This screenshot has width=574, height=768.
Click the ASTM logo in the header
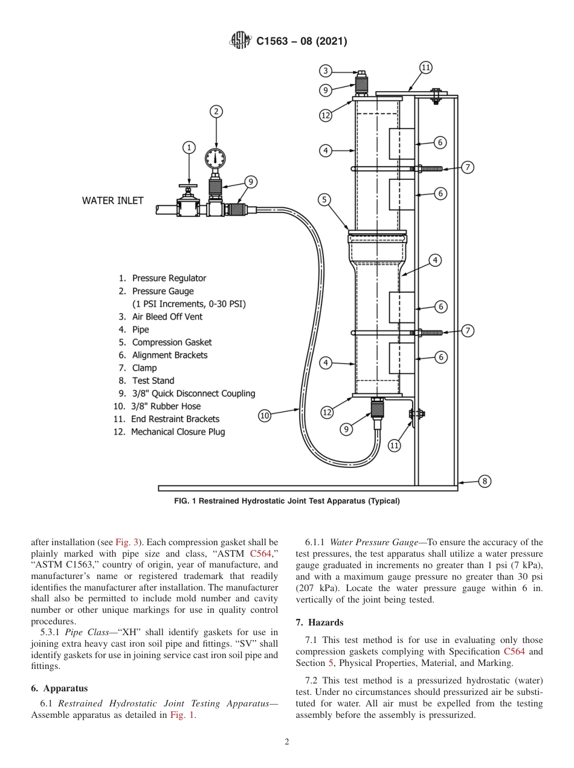241,41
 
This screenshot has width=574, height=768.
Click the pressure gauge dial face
216,158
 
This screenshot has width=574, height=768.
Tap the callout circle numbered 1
189,147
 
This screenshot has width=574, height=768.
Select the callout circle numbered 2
216,111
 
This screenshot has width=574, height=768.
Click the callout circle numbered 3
326,71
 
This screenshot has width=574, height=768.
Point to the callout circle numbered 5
324,199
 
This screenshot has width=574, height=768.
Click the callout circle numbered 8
485,481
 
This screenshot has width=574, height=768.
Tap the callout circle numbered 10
265,415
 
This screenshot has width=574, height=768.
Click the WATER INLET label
113,200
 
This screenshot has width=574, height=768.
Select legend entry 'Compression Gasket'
172,342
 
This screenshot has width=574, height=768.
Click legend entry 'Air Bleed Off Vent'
167,317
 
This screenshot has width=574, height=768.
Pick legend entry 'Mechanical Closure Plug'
181,432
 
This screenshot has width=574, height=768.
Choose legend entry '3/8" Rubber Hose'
166,406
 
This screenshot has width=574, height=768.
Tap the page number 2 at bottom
287,742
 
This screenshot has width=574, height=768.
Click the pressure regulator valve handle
190,185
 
